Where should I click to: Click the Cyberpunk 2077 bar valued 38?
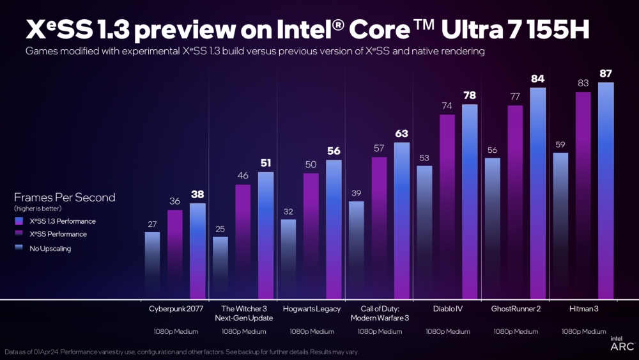pyautogui.click(x=197, y=251)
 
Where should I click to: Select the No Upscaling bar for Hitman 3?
pyautogui.click(x=560, y=225)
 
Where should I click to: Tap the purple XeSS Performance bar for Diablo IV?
pyautogui.click(x=447, y=207)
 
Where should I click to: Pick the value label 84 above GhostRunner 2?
pyautogui.click(x=538, y=79)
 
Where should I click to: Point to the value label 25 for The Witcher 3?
pyautogui.click(x=220, y=228)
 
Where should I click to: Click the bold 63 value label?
pyautogui.click(x=401, y=134)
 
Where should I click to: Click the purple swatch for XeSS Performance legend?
pyautogui.click(x=19, y=235)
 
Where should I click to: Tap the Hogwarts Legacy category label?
pyautogui.click(x=311, y=308)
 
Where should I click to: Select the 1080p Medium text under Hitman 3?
pyautogui.click(x=583, y=331)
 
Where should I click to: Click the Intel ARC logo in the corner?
pyautogui.click(x=622, y=343)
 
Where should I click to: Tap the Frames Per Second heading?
pyautogui.click(x=65, y=198)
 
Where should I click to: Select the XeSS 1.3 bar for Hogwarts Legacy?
pyautogui.click(x=334, y=229)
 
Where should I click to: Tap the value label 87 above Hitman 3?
pyautogui.click(x=606, y=73)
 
